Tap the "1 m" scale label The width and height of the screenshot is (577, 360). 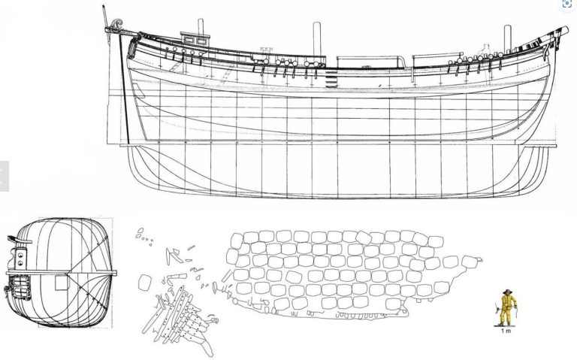(x=506, y=331)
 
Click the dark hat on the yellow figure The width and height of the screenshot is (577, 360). (x=508, y=292)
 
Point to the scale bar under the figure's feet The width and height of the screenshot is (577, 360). (x=506, y=326)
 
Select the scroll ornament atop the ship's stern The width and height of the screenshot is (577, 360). (x=116, y=24)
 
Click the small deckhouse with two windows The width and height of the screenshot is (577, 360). (x=195, y=39)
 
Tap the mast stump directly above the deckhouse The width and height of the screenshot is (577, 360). (x=201, y=26)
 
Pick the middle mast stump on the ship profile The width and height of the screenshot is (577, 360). (x=317, y=39)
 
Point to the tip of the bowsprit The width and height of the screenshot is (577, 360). (x=566, y=29)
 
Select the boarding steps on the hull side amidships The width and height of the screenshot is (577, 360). (x=331, y=78)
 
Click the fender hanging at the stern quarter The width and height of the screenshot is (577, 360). (x=133, y=46)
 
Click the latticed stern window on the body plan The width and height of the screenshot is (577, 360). (x=20, y=287)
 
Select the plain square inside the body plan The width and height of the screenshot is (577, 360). (x=62, y=283)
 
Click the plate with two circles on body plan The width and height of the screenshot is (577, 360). (x=20, y=258)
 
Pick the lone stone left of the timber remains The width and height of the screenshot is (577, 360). (x=144, y=283)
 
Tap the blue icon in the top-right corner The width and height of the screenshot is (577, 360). (x=567, y=4)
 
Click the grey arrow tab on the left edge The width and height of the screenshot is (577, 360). (x=4, y=177)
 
